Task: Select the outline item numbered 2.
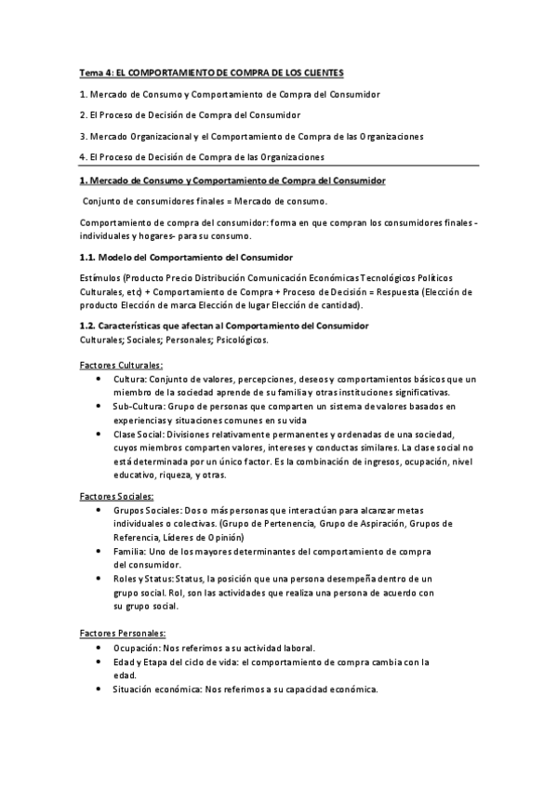pyautogui.click(x=190, y=115)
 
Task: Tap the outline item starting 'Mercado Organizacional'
pyautogui.click(x=251, y=136)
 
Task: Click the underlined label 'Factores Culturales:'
pyautogui.click(x=122, y=366)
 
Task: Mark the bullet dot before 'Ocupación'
pyautogui.click(x=99, y=648)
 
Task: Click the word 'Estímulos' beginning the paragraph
pyautogui.click(x=101, y=278)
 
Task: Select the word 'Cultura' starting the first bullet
pyautogui.click(x=131, y=380)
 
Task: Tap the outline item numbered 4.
pyautogui.click(x=202, y=156)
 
